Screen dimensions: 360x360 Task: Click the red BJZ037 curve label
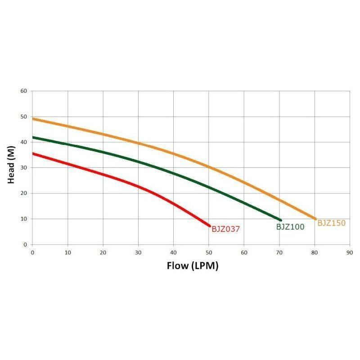[226, 229]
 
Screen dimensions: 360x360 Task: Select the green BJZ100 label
[290, 227]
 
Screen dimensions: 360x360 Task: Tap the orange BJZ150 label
[332, 223]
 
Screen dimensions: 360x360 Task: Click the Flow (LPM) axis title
[193, 265]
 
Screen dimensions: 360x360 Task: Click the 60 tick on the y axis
[24, 91]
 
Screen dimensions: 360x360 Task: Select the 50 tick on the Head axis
[24, 117]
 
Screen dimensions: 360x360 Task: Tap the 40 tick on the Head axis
[24, 142]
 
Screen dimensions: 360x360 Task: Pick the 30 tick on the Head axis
[24, 168]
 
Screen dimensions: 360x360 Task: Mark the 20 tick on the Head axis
[24, 193]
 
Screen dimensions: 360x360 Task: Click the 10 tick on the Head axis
[24, 219]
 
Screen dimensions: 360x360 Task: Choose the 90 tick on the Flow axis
[350, 252]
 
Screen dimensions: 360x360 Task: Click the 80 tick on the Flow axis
[315, 252]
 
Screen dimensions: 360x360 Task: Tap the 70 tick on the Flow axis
[279, 252]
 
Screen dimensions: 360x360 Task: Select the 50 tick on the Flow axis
[209, 252]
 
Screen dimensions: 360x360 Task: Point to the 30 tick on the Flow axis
[138, 252]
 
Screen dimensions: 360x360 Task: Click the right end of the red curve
[209, 225]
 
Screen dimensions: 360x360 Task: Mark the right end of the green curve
[280, 220]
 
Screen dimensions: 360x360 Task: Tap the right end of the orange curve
[315, 219]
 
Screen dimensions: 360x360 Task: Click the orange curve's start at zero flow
[33, 118]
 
